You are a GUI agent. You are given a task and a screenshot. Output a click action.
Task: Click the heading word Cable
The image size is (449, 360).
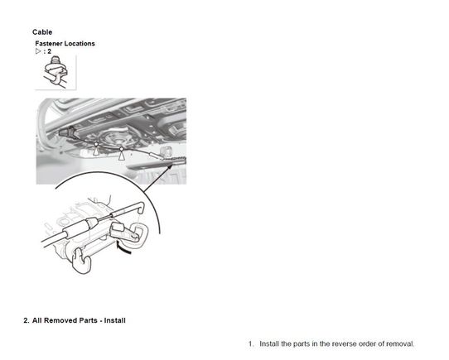coord(42,32)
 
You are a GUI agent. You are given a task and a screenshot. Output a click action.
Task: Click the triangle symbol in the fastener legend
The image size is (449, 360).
coord(38,51)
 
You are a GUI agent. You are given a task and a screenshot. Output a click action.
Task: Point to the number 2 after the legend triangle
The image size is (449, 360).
coord(49,51)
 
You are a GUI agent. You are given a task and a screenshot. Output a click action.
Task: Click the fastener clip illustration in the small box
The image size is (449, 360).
coord(56,71)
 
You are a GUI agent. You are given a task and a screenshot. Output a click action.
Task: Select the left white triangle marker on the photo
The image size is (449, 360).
coord(96,150)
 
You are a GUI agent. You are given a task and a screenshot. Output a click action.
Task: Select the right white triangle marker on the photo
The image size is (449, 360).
coord(122,156)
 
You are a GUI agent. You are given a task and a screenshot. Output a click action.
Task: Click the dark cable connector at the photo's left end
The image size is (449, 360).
coord(66,132)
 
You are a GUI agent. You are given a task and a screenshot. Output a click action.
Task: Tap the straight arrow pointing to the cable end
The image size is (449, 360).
coord(158,178)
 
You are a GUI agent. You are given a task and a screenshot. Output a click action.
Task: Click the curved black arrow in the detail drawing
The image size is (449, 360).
coord(123,247)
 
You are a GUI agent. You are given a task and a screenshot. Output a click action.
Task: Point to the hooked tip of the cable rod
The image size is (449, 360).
coord(140,208)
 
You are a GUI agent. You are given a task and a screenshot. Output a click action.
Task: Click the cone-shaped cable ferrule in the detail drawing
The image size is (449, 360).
coord(92,223)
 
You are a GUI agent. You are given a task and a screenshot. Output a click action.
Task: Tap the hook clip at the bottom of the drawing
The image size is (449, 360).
coord(82,261)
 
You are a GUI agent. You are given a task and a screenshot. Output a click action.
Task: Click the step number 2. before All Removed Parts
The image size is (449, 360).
coord(27,320)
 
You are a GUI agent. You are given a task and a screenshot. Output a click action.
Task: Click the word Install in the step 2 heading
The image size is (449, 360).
coord(114,320)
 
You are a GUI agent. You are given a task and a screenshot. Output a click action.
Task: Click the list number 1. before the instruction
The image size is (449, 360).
coord(251,344)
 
